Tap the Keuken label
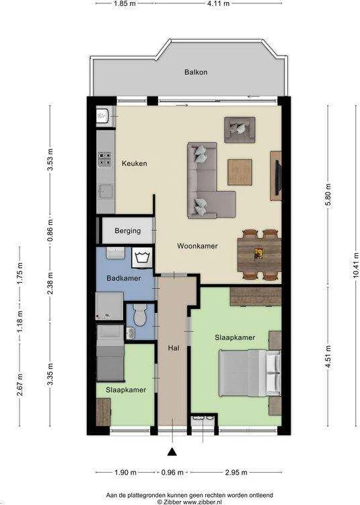[134, 163]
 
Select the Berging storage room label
[127, 231]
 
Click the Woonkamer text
[197, 246]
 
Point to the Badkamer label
[123, 278]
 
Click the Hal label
[173, 348]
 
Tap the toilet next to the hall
[139, 313]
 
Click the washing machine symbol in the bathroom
[142, 257]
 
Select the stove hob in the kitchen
[105, 160]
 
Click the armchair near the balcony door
[240, 128]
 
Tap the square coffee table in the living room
[240, 170]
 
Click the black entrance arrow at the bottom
[172, 452]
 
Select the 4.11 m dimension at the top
[217, 4]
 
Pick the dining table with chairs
[258, 254]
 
